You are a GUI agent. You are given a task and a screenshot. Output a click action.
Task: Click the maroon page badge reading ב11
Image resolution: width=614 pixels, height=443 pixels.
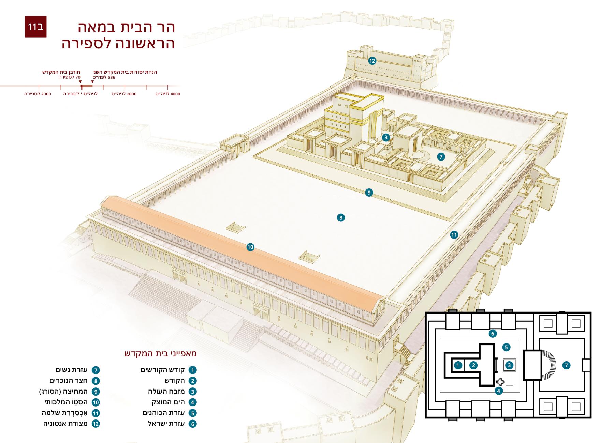click(35, 27)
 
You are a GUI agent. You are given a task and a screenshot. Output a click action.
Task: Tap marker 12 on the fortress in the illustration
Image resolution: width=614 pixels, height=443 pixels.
click(372, 61)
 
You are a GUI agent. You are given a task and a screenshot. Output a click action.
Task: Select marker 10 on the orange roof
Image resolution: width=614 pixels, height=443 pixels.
click(250, 247)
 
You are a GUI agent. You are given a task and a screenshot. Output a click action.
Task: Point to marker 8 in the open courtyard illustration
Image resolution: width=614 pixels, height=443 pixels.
click(340, 217)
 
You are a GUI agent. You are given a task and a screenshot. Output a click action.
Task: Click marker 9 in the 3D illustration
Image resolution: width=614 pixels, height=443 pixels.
click(369, 193)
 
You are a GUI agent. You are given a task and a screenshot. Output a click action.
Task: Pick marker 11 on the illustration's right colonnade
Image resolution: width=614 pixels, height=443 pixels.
click(454, 235)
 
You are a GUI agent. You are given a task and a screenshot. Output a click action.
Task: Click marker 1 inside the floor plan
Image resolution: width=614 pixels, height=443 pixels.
click(458, 365)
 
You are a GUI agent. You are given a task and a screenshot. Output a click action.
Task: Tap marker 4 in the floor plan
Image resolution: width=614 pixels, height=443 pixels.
click(498, 391)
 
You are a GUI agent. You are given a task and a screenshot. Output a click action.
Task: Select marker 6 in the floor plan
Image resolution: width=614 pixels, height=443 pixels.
click(492, 333)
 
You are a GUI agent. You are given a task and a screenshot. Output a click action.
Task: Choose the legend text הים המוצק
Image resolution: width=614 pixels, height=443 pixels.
click(168, 402)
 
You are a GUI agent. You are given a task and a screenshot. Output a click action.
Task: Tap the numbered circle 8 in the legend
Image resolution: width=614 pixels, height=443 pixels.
click(96, 381)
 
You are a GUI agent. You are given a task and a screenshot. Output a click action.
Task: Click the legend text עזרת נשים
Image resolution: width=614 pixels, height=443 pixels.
click(72, 370)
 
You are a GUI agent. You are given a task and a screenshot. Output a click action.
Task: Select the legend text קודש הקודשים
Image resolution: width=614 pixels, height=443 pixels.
click(163, 370)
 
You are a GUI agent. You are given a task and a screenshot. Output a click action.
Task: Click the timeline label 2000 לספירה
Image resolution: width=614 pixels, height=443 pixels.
click(38, 94)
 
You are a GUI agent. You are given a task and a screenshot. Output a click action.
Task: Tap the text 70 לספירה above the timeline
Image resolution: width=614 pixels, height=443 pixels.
click(69, 77)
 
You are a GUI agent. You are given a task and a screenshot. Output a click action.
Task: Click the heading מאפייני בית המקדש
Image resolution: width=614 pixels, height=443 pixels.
click(161, 353)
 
